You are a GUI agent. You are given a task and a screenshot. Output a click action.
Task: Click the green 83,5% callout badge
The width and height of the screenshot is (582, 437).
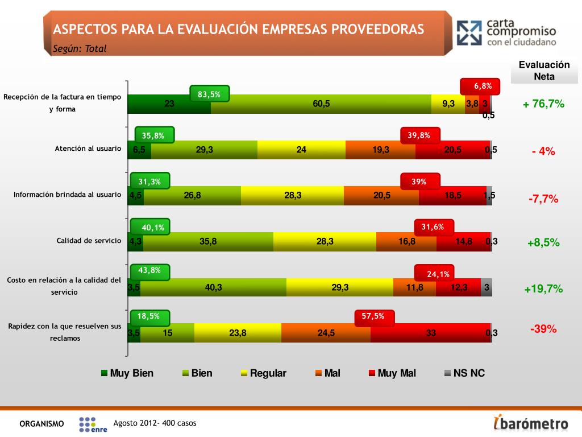209,94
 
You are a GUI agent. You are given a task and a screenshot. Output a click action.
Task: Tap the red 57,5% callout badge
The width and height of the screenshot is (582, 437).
375,316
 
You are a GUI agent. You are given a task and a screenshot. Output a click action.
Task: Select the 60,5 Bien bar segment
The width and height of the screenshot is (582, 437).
321,104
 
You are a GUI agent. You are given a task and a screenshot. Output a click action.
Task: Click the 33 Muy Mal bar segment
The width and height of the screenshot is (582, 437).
430,333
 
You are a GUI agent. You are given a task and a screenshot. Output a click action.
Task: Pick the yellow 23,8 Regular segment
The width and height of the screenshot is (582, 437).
238,333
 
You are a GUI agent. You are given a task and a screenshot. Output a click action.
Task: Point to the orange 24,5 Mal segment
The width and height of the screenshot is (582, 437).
326,333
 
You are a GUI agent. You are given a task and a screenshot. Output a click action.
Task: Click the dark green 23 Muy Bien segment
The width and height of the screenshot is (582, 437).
169,104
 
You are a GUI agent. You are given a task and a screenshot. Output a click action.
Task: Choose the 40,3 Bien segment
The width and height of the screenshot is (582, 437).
213,287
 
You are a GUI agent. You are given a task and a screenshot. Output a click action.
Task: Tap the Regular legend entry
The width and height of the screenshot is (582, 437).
262,373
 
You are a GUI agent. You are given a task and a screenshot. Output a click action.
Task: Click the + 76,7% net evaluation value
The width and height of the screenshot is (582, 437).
543,104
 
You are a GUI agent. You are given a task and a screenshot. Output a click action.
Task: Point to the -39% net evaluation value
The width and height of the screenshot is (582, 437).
543,329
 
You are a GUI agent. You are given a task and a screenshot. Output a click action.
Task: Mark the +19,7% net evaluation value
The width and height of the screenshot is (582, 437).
543,289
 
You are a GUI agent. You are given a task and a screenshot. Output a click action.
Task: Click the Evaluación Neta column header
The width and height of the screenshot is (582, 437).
544,71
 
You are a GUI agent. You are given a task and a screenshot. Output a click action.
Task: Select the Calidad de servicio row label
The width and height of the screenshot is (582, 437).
89,241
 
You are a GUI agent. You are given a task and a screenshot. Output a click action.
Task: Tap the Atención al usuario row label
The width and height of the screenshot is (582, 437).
88,149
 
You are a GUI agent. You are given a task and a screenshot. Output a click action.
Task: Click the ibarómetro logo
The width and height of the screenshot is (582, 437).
530,423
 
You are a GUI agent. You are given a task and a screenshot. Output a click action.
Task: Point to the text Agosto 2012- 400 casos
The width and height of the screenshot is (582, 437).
155,423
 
